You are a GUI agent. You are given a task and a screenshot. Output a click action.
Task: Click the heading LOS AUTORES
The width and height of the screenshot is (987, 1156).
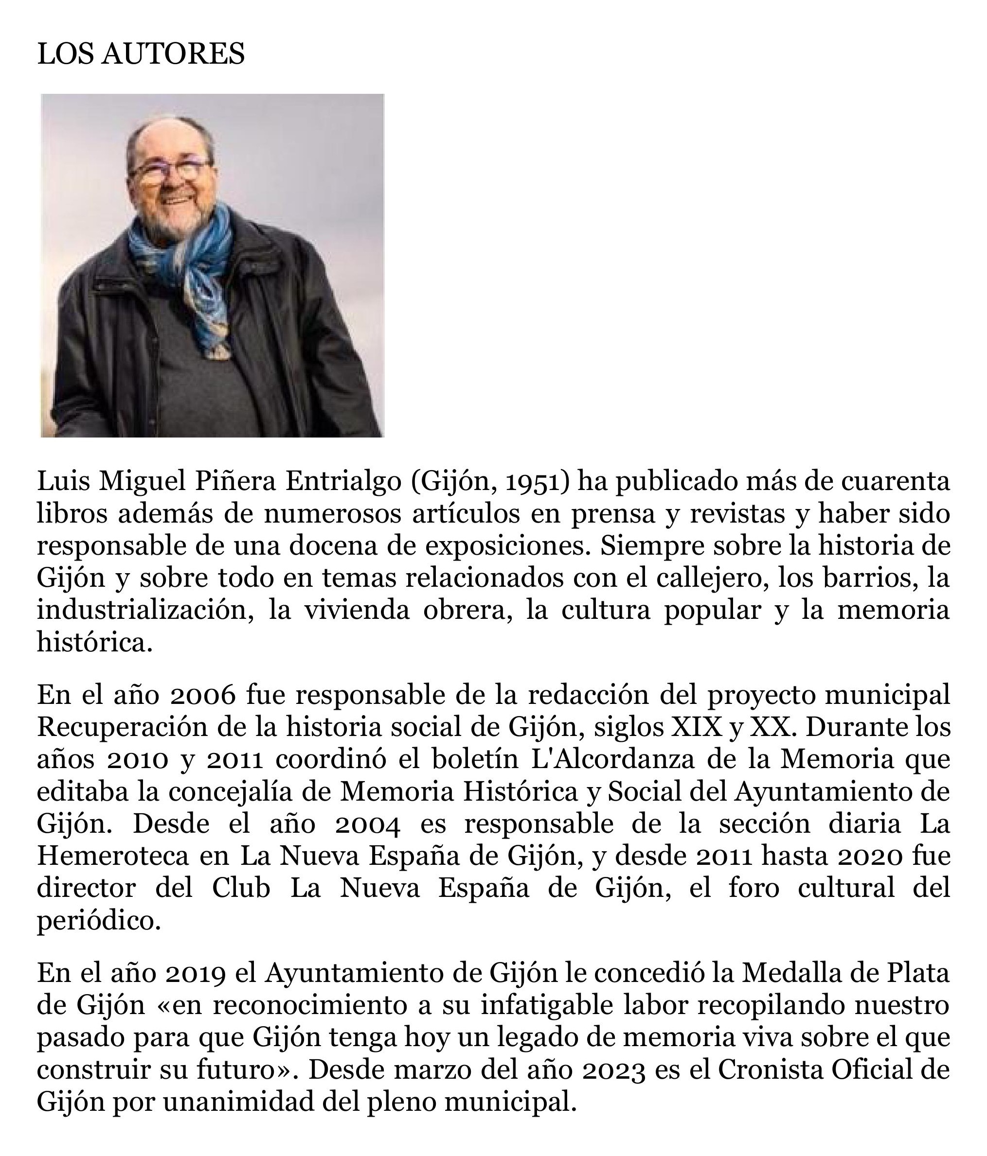pyautogui.click(x=141, y=54)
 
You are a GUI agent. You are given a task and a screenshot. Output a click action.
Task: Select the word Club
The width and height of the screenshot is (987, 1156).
pyautogui.click(x=241, y=889)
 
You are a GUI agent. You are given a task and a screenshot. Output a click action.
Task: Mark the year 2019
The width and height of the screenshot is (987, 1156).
pyautogui.click(x=196, y=974)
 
